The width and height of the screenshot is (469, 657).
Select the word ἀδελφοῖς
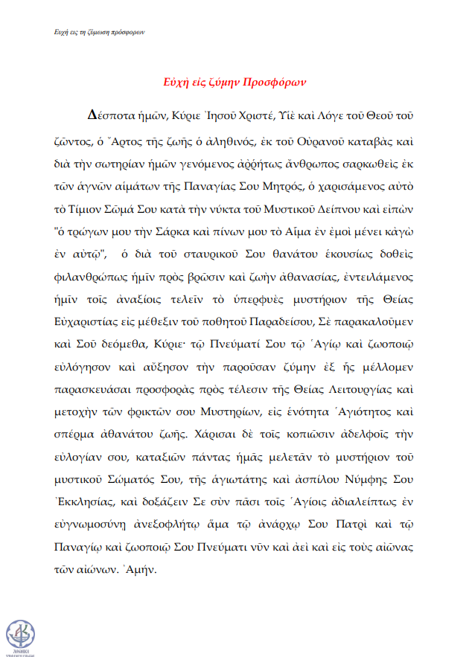368,432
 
